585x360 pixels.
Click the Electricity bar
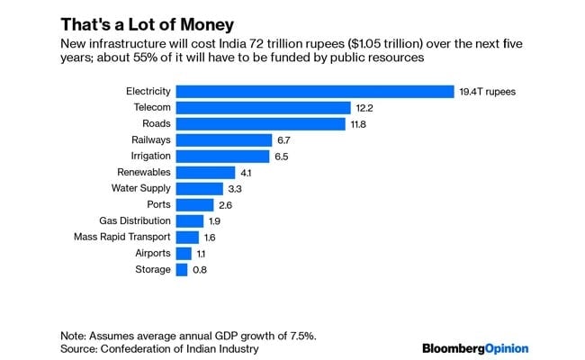point(315,91)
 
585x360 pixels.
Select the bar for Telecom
point(263,107)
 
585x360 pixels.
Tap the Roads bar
point(261,123)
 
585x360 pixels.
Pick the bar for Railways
point(224,139)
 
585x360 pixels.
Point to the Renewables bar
point(205,172)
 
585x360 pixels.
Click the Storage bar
point(182,269)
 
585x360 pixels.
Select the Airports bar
point(184,253)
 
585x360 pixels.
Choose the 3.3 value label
point(237,188)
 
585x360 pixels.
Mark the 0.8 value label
point(202,269)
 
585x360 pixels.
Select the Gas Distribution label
point(134,220)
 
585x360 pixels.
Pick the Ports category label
point(157,204)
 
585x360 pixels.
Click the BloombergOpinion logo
point(474,347)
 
